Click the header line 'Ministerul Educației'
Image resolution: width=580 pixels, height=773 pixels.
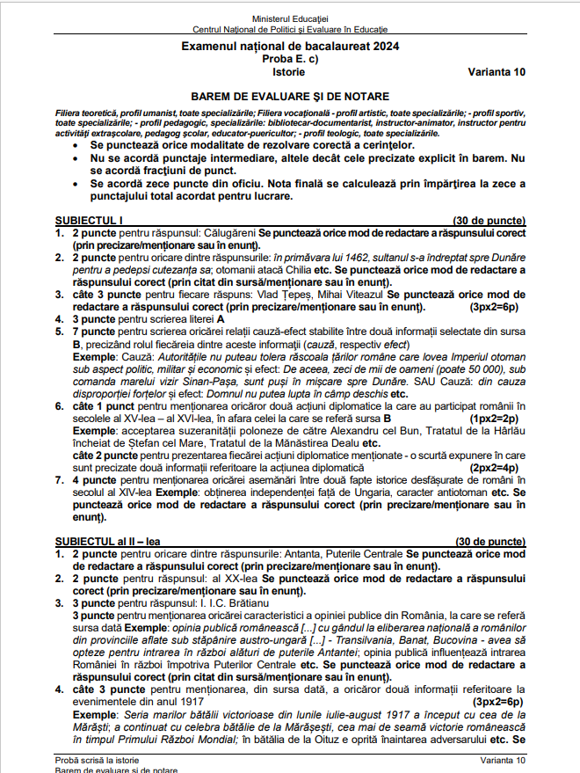point(289,18)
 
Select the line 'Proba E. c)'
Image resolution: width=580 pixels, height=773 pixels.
point(289,59)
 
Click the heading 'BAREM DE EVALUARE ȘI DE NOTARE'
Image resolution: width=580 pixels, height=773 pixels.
point(289,96)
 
